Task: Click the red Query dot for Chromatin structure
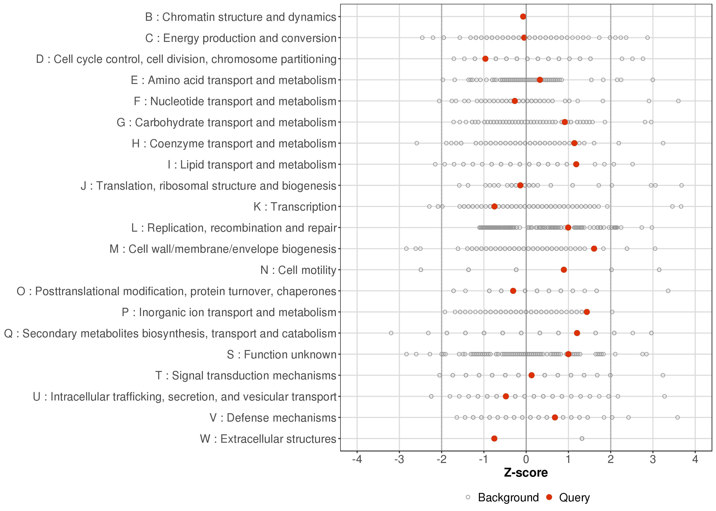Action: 523,17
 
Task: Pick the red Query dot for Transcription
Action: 494,206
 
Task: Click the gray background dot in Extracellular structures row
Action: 582,439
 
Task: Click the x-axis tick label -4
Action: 357,460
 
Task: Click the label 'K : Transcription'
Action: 295,207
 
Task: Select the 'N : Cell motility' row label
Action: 299,270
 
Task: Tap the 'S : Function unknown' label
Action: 281,355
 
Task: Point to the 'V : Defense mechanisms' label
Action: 273,418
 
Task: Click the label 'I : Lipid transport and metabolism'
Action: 252,165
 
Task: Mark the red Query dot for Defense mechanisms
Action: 555,417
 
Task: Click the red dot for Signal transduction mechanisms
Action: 532,375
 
